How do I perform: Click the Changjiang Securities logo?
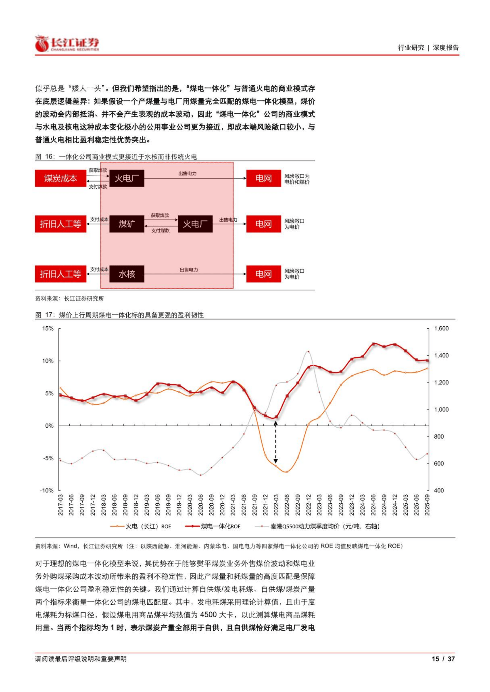(x=67, y=44)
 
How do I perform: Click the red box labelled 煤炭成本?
(x=60, y=178)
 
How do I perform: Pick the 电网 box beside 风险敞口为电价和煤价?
(x=263, y=178)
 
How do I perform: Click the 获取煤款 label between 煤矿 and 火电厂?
(x=160, y=215)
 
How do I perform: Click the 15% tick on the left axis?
(x=48, y=328)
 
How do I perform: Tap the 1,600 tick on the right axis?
(x=441, y=328)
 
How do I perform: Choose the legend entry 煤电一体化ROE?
(x=220, y=526)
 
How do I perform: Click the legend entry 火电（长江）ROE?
(x=148, y=526)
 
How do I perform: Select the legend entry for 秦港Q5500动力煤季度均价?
(x=324, y=526)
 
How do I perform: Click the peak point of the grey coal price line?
(x=308, y=352)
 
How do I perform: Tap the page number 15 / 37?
(x=443, y=659)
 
